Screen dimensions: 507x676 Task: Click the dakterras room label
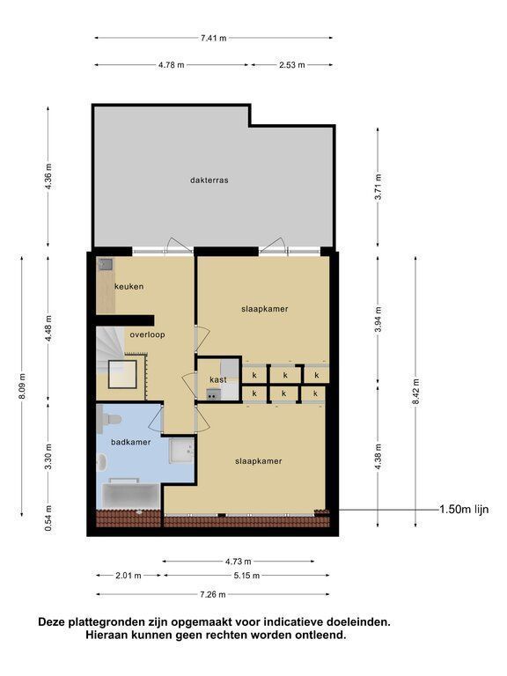point(209,180)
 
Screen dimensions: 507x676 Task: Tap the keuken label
point(129,286)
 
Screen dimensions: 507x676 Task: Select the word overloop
point(148,334)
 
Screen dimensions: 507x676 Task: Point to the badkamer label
point(131,442)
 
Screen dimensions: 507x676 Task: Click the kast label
point(218,380)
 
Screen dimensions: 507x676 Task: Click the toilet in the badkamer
point(109,419)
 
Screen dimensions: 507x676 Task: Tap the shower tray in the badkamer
point(181,451)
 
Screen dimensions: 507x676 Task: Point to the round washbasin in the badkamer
point(102,463)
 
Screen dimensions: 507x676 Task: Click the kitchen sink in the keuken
point(105,264)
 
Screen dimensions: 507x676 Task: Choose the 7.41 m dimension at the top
point(213,38)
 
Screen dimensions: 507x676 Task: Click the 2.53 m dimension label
point(292,65)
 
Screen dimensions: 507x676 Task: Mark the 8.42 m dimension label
point(415,393)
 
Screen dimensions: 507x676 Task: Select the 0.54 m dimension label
point(48,518)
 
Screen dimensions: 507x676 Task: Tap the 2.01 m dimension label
point(129,576)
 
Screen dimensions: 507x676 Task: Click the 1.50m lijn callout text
point(464,510)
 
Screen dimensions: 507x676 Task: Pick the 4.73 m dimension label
point(238,562)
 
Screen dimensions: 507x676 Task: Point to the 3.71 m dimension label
point(378,187)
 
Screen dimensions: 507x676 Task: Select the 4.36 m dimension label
point(48,176)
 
